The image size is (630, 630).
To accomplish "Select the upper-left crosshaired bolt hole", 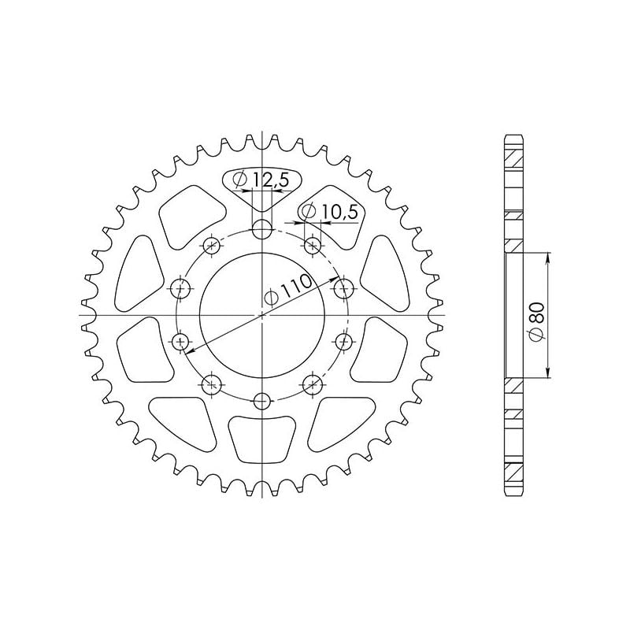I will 211,246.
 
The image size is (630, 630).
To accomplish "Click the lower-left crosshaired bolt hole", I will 211,385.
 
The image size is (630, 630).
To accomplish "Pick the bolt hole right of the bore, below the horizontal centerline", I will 343,342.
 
